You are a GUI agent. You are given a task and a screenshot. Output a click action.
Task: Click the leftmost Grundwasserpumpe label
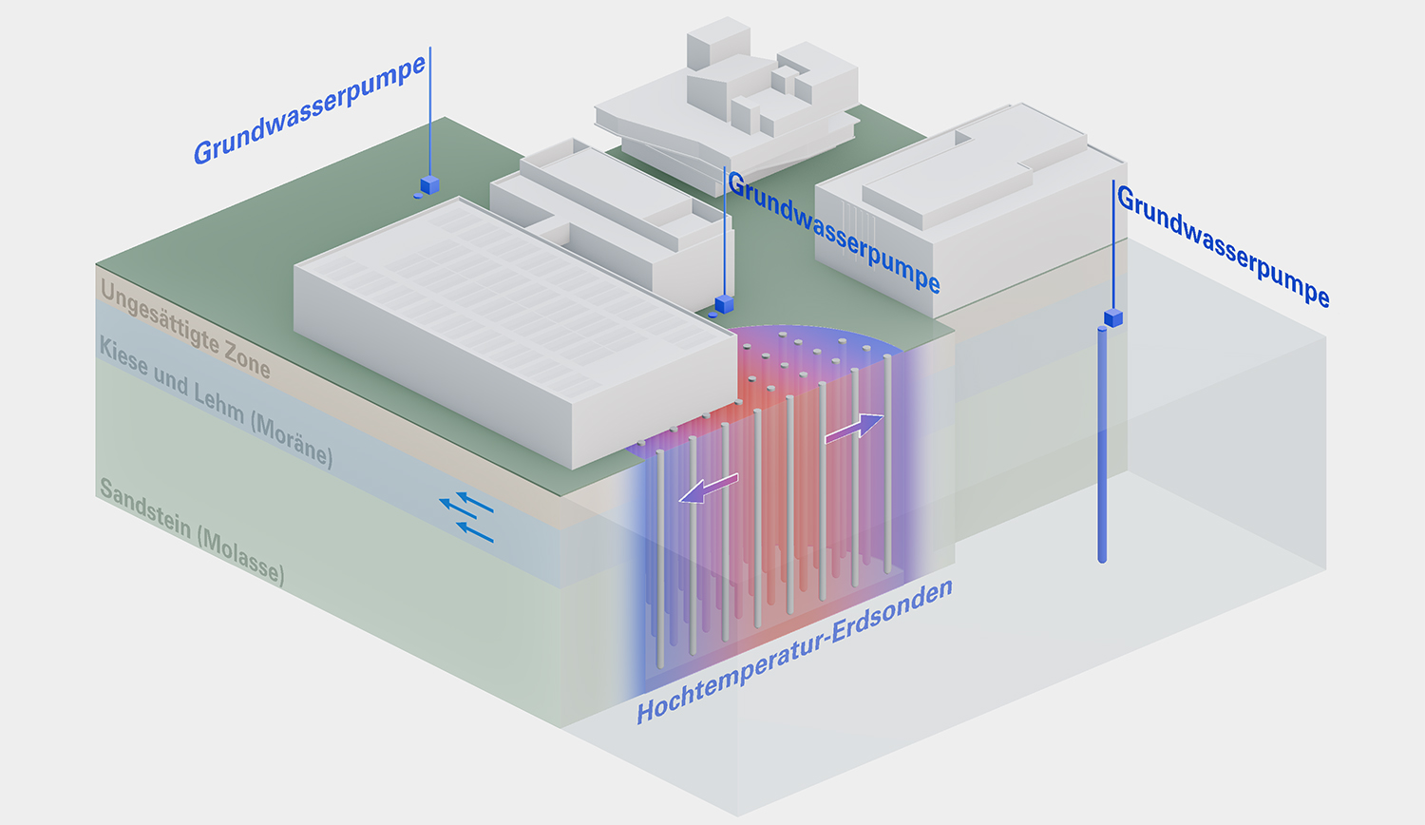click(x=310, y=109)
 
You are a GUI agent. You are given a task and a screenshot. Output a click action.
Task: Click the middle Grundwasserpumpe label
click(x=834, y=232)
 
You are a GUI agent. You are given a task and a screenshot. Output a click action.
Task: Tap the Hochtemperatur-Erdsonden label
click(x=794, y=652)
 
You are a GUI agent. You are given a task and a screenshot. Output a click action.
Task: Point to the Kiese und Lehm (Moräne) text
click(x=216, y=402)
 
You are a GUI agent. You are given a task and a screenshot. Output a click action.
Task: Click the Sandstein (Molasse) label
click(x=192, y=532)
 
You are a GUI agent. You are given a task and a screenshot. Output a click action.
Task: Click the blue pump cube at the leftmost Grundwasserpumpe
click(x=430, y=184)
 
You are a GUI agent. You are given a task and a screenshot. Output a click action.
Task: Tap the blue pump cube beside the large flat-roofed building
click(x=724, y=304)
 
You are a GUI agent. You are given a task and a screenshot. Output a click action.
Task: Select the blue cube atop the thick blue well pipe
click(x=1113, y=317)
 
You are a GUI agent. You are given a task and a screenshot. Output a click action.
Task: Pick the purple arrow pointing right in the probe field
click(x=854, y=428)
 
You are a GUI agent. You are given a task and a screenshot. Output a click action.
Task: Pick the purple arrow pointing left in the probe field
click(x=709, y=489)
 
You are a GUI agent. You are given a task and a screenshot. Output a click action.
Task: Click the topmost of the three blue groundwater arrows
click(x=475, y=502)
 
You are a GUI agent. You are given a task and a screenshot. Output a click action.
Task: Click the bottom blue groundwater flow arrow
click(x=475, y=532)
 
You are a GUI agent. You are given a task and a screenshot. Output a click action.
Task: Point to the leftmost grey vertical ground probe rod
click(x=660, y=559)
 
